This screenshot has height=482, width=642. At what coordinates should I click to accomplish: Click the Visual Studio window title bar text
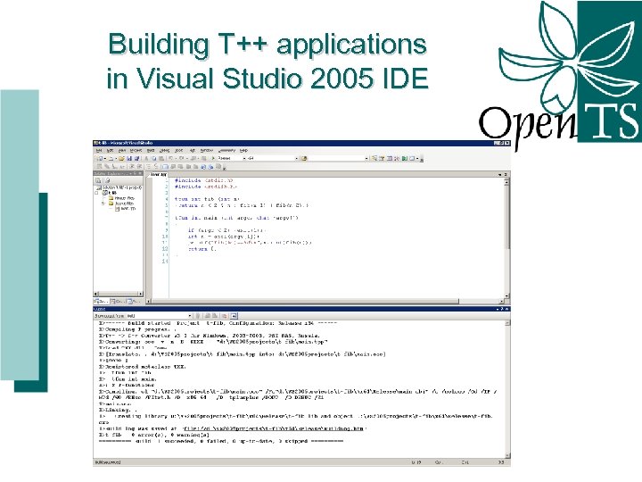click(x=125, y=143)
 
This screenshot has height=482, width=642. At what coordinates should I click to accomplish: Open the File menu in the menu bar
click(x=100, y=150)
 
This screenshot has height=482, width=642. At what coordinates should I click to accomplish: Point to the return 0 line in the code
click(x=196, y=248)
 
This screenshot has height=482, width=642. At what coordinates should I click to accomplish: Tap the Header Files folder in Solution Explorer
click(x=120, y=198)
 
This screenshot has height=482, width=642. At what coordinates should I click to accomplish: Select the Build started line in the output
click(x=223, y=323)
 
